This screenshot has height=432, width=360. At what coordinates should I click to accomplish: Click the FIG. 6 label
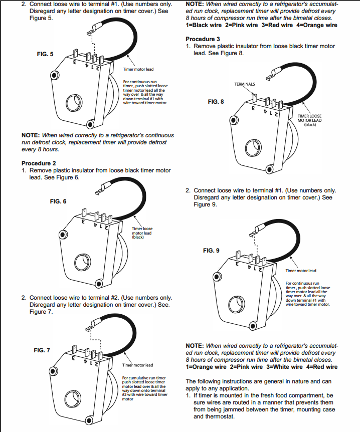pyautogui.click(x=58, y=201)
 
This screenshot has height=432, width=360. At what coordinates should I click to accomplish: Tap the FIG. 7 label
pyautogui.click(x=42, y=350)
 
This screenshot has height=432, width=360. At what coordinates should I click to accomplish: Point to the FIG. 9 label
pyautogui.click(x=211, y=250)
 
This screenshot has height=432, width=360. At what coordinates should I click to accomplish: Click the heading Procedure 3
pyautogui.click(x=203, y=39)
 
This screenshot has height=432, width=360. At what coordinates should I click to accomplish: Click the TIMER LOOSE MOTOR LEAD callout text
pyautogui.click(x=309, y=120)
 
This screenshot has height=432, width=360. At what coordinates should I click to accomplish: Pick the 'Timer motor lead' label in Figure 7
pyautogui.click(x=138, y=365)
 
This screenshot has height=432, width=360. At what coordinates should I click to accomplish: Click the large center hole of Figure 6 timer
pyautogui.click(x=81, y=261)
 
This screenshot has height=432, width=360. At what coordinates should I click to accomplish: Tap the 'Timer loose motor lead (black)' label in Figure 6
pyautogui.click(x=142, y=233)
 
